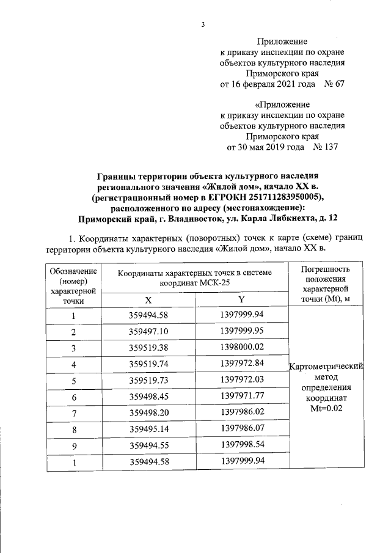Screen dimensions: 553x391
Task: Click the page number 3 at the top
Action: [x=202, y=24]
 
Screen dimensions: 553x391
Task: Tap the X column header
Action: [x=148, y=299]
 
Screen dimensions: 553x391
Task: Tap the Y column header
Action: [x=242, y=299]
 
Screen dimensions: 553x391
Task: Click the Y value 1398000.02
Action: [x=242, y=347]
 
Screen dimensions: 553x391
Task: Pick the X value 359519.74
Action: [x=148, y=363]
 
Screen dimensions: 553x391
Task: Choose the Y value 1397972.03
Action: [x=242, y=379]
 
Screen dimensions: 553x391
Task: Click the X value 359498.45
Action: [x=148, y=396]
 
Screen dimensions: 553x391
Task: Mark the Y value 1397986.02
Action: [x=242, y=412]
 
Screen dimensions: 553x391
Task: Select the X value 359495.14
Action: [x=148, y=429]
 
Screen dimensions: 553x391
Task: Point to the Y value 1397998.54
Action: [x=242, y=445]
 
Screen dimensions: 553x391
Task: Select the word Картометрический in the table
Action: [x=327, y=367]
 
